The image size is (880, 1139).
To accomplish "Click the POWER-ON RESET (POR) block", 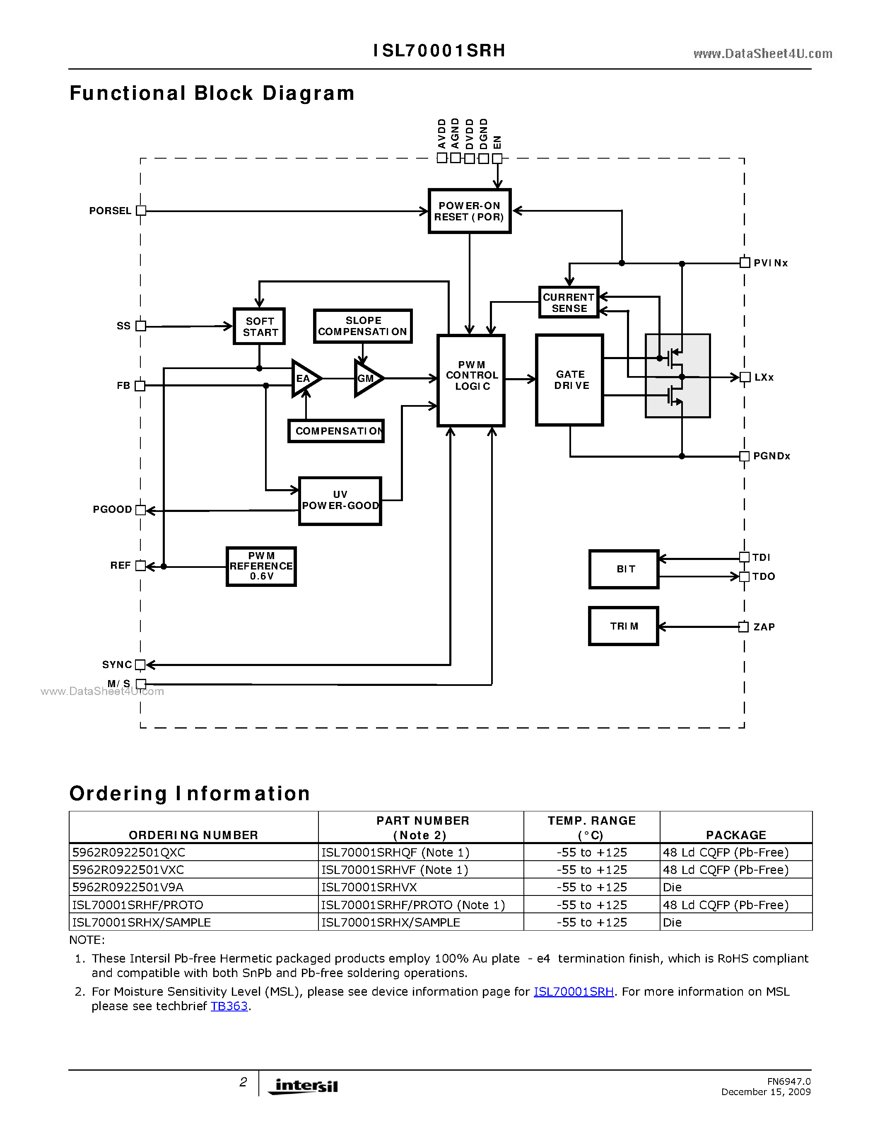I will pos(469,211).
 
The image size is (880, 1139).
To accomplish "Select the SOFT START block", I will pos(259,326).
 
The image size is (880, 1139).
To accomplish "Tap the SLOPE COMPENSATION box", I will pos(363,326).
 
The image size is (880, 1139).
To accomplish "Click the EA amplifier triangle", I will pos(304,378).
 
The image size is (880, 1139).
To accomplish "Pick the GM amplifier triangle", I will pos(367,378).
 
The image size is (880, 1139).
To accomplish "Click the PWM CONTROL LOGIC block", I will pos(471,380).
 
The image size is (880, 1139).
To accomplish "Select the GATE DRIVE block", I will pos(570,380).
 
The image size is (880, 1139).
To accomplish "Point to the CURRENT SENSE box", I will pos(568,302).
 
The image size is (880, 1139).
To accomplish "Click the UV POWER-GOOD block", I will pos(340,501).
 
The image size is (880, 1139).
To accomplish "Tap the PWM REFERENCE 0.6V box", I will pos(261,566).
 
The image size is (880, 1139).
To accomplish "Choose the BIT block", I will pos(624,569).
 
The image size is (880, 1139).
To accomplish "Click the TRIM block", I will pos(624,626).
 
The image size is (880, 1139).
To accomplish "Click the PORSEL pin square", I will pos(141,211).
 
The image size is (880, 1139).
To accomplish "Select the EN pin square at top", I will pos(497,158).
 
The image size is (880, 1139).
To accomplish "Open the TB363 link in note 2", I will pos(229,1006).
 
